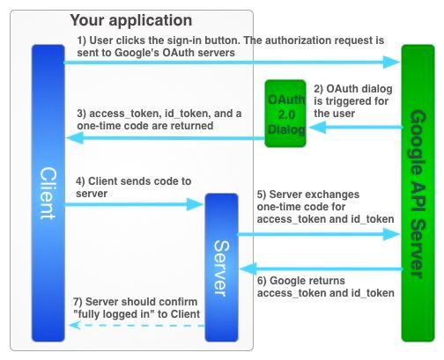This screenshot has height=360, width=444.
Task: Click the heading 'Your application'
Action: click(x=131, y=20)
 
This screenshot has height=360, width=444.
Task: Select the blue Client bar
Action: click(x=48, y=193)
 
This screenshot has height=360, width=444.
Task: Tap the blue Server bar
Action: click(x=221, y=268)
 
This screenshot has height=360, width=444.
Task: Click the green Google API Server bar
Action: click(x=418, y=193)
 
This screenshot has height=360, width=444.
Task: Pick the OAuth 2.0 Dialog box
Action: click(x=285, y=114)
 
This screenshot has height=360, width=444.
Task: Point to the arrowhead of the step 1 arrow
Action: click(x=399, y=62)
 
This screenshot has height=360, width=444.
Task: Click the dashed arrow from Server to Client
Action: click(x=137, y=326)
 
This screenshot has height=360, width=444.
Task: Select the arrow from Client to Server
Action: click(x=134, y=204)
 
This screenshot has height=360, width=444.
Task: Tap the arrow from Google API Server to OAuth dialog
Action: click(x=356, y=128)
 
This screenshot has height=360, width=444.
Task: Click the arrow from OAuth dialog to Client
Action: click(x=166, y=138)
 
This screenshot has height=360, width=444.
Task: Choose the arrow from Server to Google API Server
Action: click(x=319, y=234)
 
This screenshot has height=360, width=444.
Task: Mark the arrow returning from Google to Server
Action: click(x=322, y=268)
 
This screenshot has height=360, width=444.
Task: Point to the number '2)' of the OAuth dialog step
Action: click(x=319, y=89)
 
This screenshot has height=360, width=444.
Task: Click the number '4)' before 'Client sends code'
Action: click(x=80, y=181)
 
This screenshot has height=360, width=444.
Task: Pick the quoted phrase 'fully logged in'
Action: click(x=115, y=314)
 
